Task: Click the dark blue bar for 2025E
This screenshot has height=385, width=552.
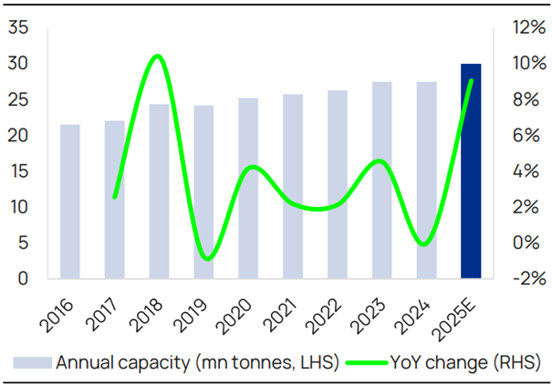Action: coord(470,172)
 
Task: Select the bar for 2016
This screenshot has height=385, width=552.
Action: coord(70,202)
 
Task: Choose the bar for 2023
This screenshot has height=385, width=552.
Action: coord(381,181)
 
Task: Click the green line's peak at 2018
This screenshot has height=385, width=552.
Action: coord(157,57)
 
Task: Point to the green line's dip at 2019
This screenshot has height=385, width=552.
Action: coord(206,259)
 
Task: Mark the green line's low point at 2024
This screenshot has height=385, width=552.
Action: coord(424,244)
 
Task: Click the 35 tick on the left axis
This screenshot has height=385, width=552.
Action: coord(17,28)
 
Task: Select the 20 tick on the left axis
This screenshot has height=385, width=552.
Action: coord(17,136)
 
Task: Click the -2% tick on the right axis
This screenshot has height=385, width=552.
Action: coord(522,279)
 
